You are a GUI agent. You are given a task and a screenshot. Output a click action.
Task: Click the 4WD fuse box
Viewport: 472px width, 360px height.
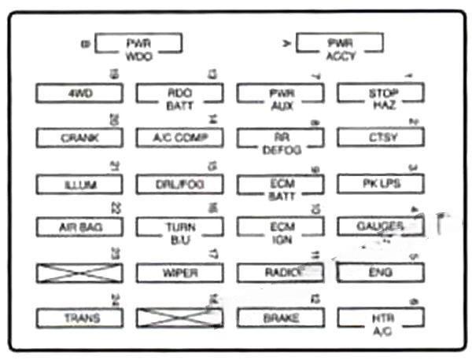(79, 93)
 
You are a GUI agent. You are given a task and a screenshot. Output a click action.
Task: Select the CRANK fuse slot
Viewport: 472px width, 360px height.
(79, 138)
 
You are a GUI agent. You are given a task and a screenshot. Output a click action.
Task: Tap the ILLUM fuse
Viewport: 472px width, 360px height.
(79, 185)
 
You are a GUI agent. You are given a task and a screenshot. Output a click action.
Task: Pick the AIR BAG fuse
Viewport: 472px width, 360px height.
(79, 228)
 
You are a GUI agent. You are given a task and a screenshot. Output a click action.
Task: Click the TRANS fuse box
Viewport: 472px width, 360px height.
(79, 318)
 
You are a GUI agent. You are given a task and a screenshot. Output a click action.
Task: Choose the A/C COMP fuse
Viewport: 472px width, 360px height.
(180, 138)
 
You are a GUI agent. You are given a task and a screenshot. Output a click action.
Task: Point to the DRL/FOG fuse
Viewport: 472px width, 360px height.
(180, 185)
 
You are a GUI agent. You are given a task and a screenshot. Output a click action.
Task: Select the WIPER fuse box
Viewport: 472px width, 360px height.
(180, 274)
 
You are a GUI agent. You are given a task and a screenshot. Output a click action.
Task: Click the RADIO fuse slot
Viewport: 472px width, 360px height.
(281, 274)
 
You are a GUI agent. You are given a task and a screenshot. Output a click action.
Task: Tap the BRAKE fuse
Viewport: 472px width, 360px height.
(281, 318)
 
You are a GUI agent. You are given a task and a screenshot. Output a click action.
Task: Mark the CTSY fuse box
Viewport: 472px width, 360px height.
(381, 138)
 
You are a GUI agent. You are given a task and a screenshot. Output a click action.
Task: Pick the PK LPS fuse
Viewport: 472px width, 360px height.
(381, 185)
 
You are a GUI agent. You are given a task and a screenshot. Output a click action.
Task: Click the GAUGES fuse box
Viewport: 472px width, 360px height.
(381, 227)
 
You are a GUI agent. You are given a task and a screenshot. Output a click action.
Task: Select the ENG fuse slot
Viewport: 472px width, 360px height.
(381, 274)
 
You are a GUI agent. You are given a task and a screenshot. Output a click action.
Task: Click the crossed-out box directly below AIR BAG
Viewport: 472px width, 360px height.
(79, 274)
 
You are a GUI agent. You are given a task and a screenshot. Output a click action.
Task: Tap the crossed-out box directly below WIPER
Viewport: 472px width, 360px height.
(180, 318)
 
